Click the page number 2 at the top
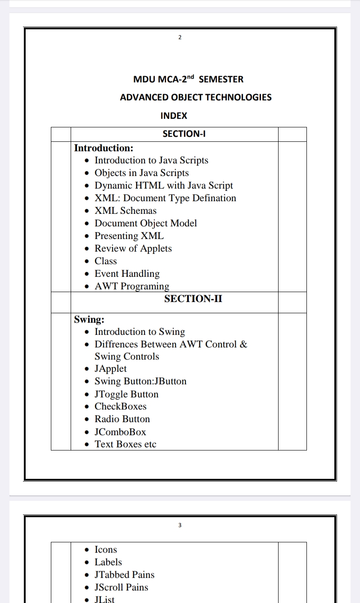180,37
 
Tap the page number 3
180,525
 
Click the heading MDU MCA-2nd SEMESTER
188,79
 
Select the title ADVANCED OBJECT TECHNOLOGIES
196,97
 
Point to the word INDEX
174,116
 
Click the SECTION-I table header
184,134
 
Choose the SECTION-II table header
193,299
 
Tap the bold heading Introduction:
103,148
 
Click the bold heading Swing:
89,319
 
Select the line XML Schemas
126,211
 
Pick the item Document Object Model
146,223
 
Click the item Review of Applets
133,248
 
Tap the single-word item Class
106,261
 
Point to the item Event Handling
127,274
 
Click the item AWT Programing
132,286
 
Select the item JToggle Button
126,394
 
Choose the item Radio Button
122,419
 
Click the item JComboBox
120,432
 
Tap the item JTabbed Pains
124,575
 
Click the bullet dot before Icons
87,550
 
